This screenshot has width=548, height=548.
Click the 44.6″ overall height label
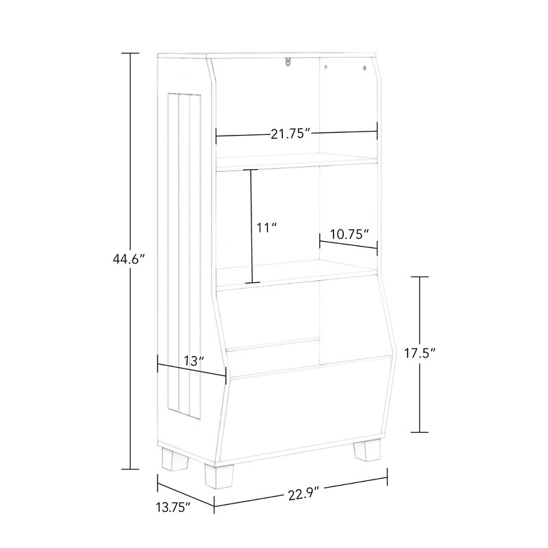(129, 260)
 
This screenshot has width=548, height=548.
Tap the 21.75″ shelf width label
(290, 134)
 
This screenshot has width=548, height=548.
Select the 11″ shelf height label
(266, 228)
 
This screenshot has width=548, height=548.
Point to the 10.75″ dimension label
(350, 234)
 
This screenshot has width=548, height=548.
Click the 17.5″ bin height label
(420, 353)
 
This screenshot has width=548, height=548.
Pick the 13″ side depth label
(194, 361)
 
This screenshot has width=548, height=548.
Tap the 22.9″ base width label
(304, 495)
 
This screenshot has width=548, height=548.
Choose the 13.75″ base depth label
(173, 507)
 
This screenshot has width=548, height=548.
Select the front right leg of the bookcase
(366, 450)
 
